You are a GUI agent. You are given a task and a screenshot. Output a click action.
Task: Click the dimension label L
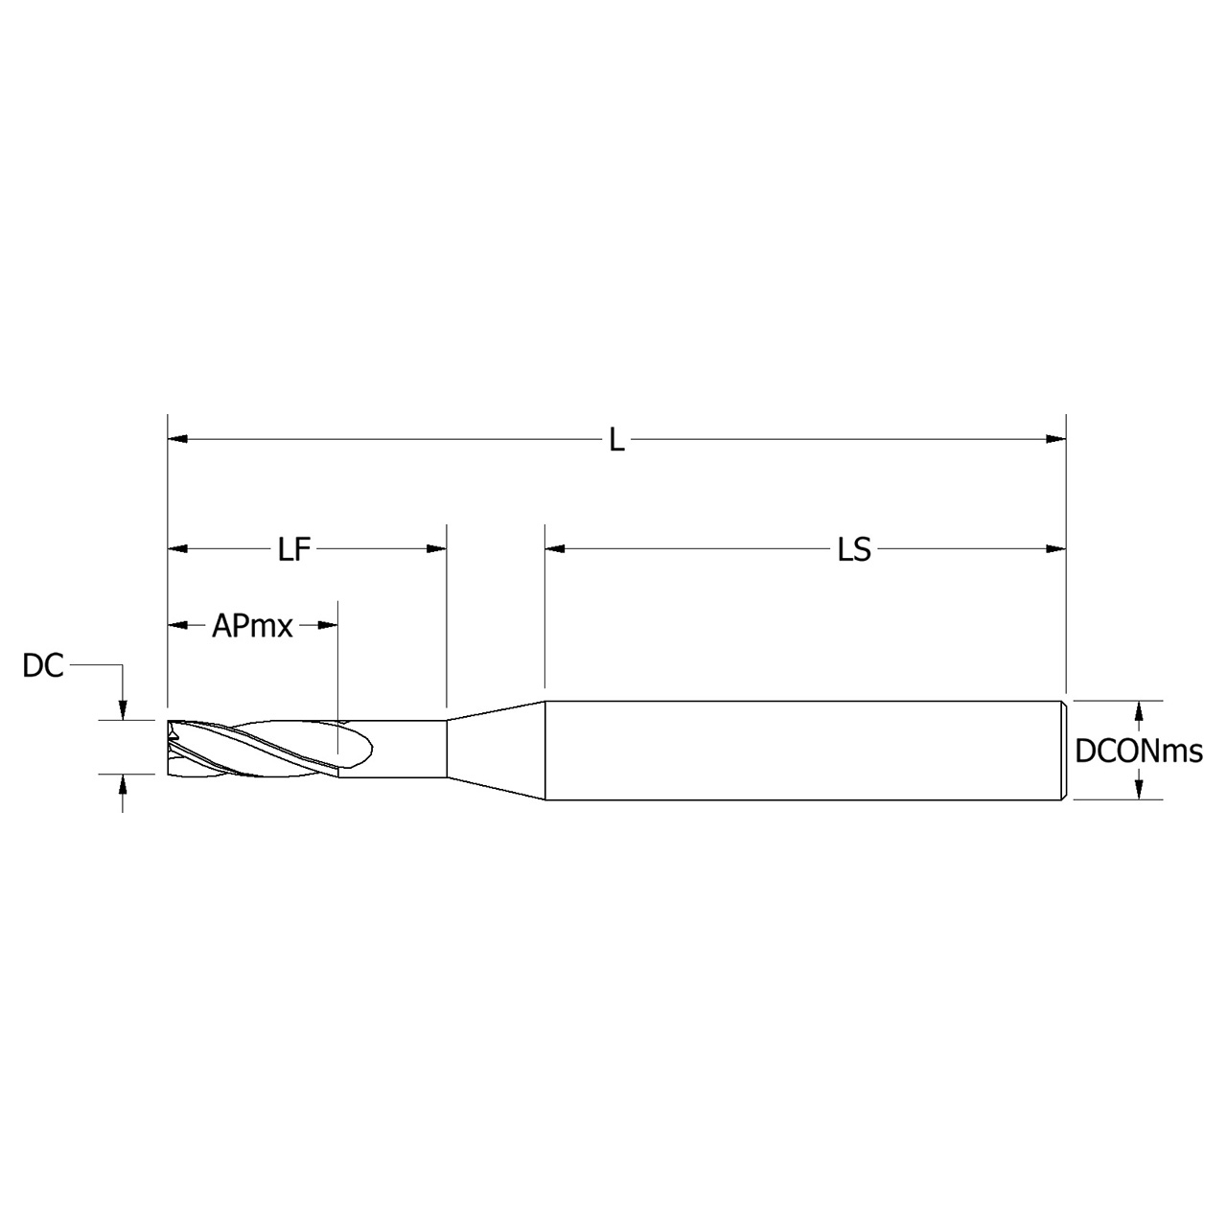click(x=617, y=441)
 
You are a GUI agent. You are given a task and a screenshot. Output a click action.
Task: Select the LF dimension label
click(x=295, y=549)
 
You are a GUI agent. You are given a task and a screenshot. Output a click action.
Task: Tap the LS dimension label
click(x=854, y=549)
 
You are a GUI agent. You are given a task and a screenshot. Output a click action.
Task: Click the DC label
click(x=43, y=666)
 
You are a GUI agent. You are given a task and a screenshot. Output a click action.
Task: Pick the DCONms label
click(x=1138, y=752)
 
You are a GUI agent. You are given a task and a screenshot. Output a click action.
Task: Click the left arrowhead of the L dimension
click(x=177, y=440)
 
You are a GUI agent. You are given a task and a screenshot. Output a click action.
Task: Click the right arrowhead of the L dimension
click(x=1056, y=440)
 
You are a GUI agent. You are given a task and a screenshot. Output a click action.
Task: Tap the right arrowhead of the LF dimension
click(x=437, y=549)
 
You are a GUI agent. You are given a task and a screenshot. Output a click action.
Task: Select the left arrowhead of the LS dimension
click(x=555, y=549)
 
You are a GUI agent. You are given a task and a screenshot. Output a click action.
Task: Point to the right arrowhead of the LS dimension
click(x=1056, y=549)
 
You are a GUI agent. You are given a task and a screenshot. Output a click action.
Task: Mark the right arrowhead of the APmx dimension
click(x=328, y=626)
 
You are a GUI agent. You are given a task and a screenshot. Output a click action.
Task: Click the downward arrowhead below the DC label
click(x=123, y=708)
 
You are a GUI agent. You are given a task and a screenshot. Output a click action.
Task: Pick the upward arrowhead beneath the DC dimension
click(x=123, y=784)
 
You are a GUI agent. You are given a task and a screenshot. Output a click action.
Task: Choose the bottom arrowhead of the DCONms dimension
click(x=1138, y=788)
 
